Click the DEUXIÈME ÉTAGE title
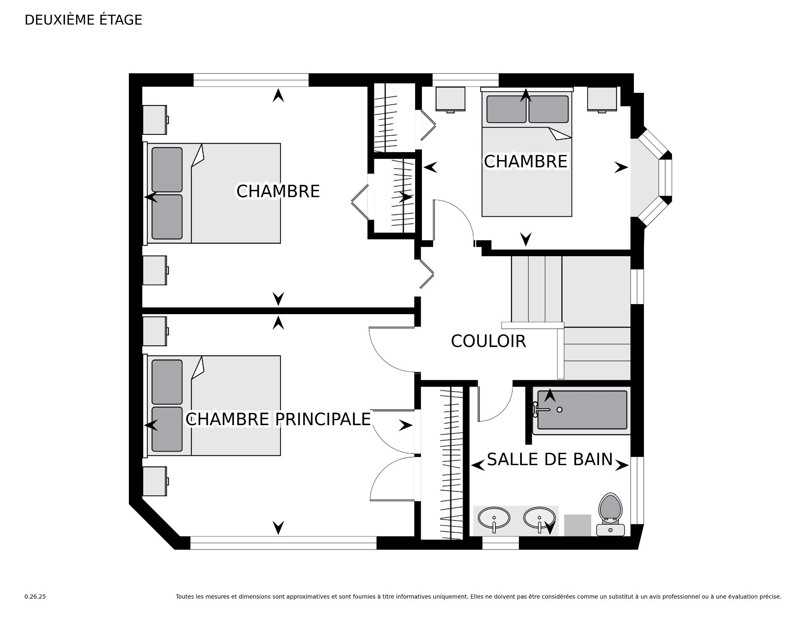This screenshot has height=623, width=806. (83, 20)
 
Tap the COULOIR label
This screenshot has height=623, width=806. (488, 341)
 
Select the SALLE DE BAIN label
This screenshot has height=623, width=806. (550, 460)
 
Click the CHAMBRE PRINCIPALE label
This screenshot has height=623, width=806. (278, 419)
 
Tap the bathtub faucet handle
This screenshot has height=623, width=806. (536, 410)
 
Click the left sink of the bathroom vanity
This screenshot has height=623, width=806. (494, 519)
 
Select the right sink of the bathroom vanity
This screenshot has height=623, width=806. (539, 519)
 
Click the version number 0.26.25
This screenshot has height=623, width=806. (35, 597)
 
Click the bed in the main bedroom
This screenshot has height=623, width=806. (214, 405)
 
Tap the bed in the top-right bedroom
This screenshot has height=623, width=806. (527, 168)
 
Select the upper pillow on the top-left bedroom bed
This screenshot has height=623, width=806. (167, 169)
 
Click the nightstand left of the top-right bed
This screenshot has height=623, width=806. (450, 100)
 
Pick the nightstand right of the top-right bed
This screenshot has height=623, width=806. (602, 100)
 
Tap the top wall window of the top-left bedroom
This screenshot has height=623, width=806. (251, 80)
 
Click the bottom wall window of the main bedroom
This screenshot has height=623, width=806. (283, 543)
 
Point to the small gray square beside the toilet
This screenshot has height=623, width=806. (577, 525)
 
